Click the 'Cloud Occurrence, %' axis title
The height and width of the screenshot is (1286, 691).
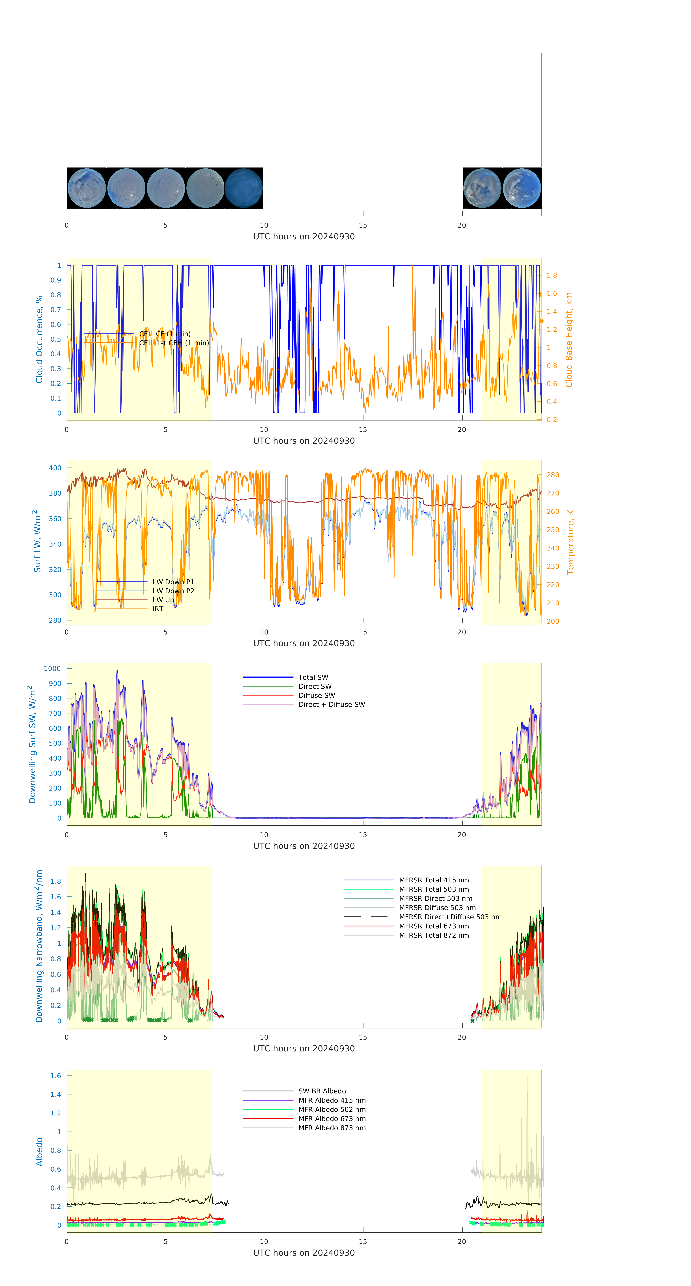(x=39, y=340)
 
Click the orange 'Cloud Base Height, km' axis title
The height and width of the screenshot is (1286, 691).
(x=569, y=340)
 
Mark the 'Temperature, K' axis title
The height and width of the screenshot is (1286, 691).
(x=570, y=542)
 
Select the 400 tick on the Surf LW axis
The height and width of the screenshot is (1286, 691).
(x=55, y=468)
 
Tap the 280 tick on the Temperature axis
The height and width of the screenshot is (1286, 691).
(x=553, y=475)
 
